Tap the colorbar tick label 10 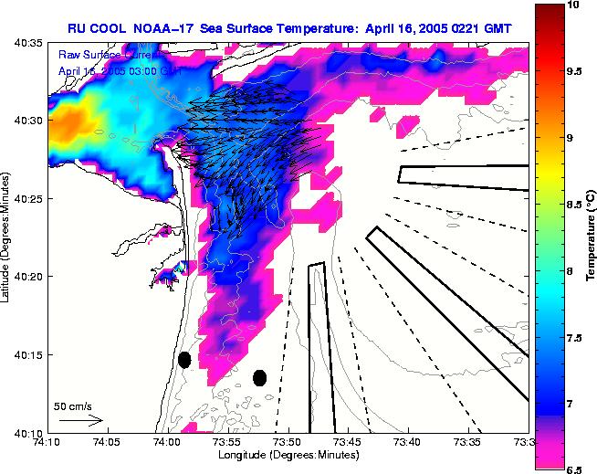(x=572, y=5)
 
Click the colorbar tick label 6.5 (x=575, y=469)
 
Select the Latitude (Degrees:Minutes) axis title (x=7, y=237)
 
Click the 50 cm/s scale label (x=73, y=406)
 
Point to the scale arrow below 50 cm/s (x=80, y=420)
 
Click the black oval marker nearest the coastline (x=184, y=360)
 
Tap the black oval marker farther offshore (x=259, y=377)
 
